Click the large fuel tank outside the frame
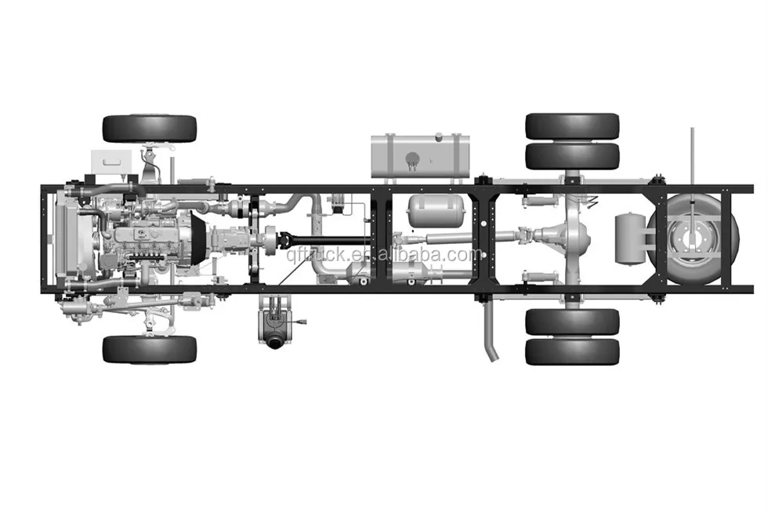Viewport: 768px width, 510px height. (x=420, y=155)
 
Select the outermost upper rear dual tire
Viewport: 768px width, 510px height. (x=572, y=126)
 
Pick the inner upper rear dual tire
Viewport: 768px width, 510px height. (x=572, y=156)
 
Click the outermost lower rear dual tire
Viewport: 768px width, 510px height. (x=572, y=351)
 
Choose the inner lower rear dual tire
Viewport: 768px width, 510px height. (x=572, y=322)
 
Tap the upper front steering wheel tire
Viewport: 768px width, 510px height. (x=149, y=128)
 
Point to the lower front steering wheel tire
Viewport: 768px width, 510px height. (x=149, y=349)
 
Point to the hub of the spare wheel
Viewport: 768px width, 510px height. (x=689, y=239)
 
